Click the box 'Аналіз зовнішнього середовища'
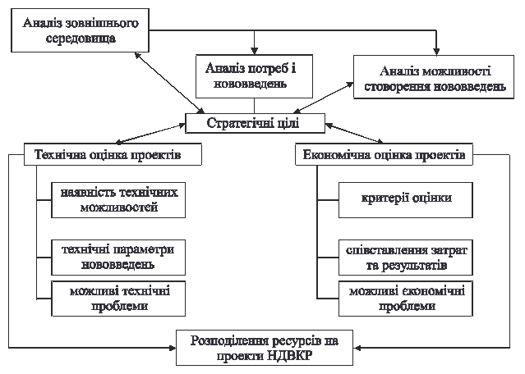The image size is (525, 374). coord(81,31)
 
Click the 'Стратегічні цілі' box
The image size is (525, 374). coord(253,124)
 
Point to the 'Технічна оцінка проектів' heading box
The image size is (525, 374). coord(108,154)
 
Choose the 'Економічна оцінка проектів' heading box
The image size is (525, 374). coord(385,154)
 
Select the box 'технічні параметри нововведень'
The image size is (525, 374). coord(118,257)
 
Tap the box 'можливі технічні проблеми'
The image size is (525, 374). coord(118,299)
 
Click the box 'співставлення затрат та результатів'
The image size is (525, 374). coord(406,257)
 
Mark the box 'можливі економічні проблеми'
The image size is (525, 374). coord(406,299)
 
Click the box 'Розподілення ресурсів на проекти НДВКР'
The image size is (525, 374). coord(265,348)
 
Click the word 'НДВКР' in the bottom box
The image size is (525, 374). coord(288,356)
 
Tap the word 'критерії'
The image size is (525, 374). coord(384,198)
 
